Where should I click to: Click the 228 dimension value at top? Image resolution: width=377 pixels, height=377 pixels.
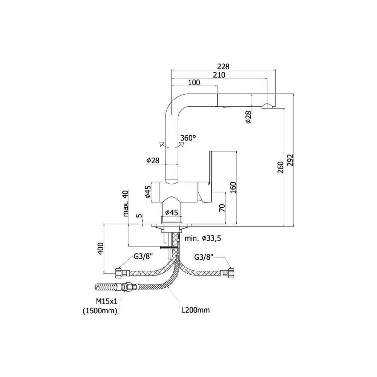pyautogui.click(x=224, y=66)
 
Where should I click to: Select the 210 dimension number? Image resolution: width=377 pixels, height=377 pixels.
pyautogui.click(x=219, y=75)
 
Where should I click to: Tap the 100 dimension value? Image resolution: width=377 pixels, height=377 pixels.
pyautogui.click(x=193, y=83)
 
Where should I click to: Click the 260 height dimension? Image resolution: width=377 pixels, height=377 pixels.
pyautogui.click(x=280, y=166)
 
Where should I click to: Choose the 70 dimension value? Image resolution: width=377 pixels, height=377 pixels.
pyautogui.click(x=222, y=208)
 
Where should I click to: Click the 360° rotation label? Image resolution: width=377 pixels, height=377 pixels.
pyautogui.click(x=188, y=138)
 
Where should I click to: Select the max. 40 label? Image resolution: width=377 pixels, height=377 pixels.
pyautogui.click(x=126, y=203)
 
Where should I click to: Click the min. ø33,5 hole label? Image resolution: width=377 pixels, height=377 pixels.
pyautogui.click(x=203, y=238)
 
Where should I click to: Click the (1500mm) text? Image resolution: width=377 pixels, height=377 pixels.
pyautogui.click(x=100, y=311)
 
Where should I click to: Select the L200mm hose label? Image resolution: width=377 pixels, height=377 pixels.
pyautogui.click(x=195, y=310)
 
